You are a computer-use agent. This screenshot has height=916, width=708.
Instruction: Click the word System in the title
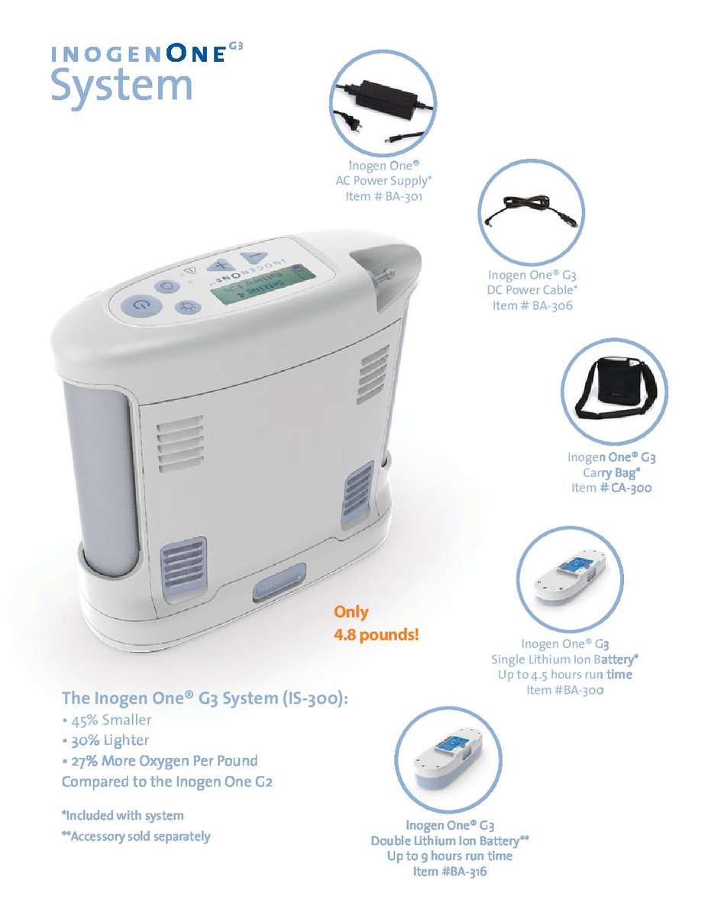point(121,85)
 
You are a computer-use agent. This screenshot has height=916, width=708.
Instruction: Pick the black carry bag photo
point(614,390)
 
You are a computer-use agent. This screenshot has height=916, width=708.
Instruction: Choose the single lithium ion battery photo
point(571,577)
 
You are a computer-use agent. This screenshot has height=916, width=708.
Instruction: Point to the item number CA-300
point(611,488)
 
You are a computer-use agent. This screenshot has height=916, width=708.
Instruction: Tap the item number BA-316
point(449,872)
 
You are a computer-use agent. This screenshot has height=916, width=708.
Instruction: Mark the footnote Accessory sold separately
point(135,837)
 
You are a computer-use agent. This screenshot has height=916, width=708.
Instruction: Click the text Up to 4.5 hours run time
point(564,675)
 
